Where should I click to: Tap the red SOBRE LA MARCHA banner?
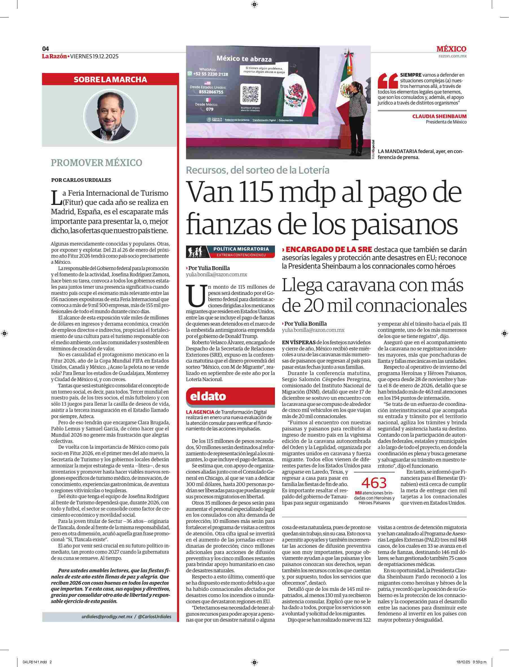(x=110, y=79)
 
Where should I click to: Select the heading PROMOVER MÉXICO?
(x=96, y=163)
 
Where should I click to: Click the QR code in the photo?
(x=251, y=94)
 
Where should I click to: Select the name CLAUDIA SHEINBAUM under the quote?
(x=439, y=116)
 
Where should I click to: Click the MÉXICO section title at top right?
(x=451, y=49)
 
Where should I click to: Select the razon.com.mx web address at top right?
(x=452, y=56)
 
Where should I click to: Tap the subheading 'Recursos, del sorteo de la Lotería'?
(x=257, y=170)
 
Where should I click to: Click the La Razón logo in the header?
(x=54, y=56)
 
